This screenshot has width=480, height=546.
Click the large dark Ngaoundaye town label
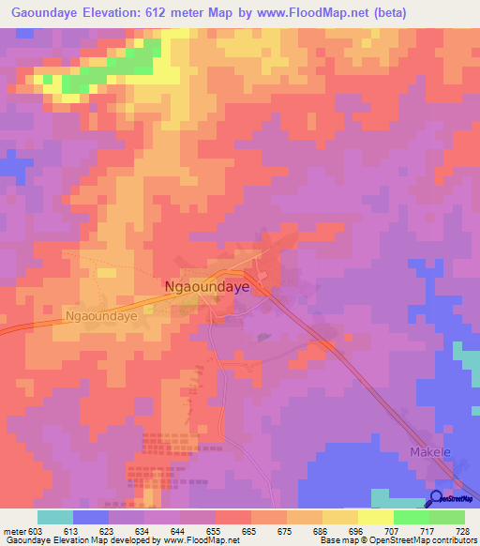point(206,288)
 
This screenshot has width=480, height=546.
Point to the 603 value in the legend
point(36,530)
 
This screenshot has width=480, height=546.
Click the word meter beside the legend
point(12,530)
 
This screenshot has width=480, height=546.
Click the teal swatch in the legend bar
point(55,517)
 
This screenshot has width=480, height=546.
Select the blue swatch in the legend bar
point(91,517)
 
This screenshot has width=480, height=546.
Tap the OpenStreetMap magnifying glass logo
point(437,500)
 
